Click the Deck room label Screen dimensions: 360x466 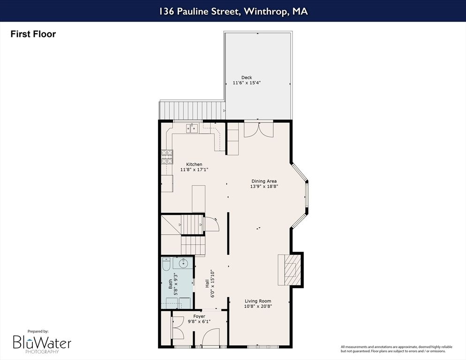click(247, 77)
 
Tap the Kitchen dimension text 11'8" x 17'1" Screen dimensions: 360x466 click(194, 170)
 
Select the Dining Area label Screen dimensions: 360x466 click(264, 181)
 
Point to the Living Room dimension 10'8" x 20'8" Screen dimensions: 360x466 click(258, 306)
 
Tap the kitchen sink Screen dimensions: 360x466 click(193, 128)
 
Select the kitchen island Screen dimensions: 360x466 click(199, 198)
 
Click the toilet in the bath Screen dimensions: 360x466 click(165, 265)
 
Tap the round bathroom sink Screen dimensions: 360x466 click(183, 263)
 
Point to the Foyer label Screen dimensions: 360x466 click(199, 316)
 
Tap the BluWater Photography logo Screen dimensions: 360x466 click(42, 343)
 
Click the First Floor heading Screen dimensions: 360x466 click(33, 34)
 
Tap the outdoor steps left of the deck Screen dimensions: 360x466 click(192, 110)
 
